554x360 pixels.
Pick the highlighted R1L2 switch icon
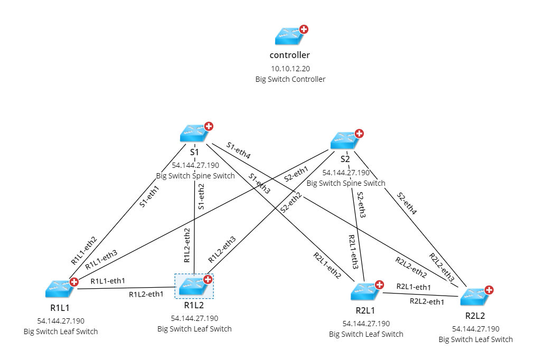(x=193, y=286)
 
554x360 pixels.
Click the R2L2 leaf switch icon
(x=475, y=297)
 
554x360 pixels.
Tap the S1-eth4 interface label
(x=239, y=150)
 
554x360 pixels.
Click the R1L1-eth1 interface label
(x=108, y=281)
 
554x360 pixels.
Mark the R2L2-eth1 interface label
(x=427, y=302)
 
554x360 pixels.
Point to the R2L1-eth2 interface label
(x=326, y=266)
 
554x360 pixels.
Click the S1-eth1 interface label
(x=149, y=196)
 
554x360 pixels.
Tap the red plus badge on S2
(x=359, y=134)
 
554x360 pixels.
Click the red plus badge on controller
(x=304, y=29)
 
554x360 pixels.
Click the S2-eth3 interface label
(x=361, y=205)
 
